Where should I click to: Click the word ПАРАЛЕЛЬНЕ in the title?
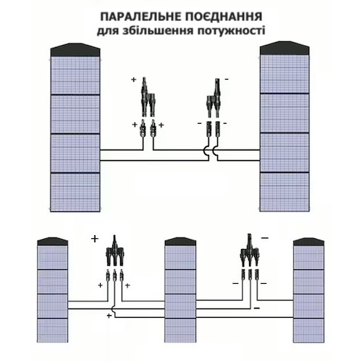138,17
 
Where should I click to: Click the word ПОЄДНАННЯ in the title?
222,17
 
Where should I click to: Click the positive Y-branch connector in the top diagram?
148,97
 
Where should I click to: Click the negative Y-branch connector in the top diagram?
214,98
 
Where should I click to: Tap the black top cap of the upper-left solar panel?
75,50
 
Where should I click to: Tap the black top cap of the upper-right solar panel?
285,48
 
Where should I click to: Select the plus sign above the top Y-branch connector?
134,80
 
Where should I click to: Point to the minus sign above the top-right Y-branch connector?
227,79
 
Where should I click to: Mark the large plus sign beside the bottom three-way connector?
95,239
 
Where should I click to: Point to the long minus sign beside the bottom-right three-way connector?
265,238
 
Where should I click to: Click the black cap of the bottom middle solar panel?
180,242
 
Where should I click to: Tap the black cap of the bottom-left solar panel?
53,242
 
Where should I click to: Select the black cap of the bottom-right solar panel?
309,242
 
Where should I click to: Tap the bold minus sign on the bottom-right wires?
257,308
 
